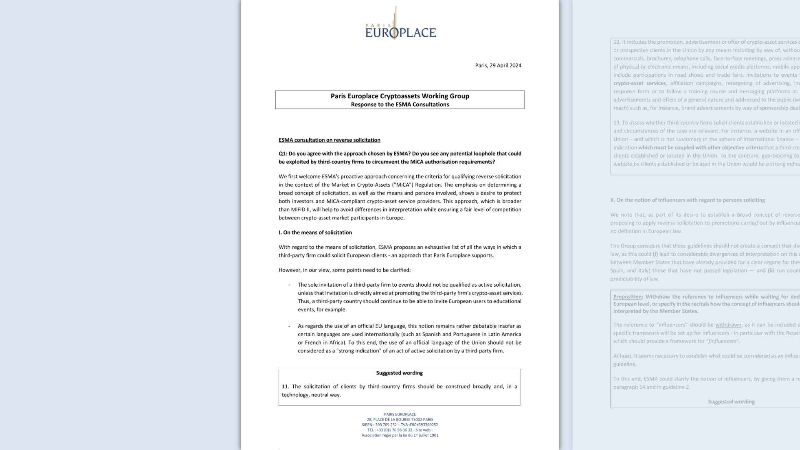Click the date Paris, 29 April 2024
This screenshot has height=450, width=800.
pyautogui.click(x=498, y=65)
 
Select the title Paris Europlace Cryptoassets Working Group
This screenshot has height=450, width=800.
pyautogui.click(x=400, y=96)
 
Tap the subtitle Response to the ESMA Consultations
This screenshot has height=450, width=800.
pyautogui.click(x=400, y=105)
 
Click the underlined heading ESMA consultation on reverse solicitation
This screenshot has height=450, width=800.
pyautogui.click(x=329, y=140)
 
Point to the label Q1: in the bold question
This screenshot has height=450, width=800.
pyautogui.click(x=283, y=154)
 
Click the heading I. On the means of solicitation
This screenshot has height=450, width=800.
pyautogui.click(x=315, y=232)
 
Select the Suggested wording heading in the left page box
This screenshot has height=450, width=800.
pyautogui.click(x=399, y=373)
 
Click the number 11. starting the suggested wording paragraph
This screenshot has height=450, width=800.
pyautogui.click(x=285, y=387)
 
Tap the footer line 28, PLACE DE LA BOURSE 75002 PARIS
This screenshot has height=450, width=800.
pyautogui.click(x=400, y=420)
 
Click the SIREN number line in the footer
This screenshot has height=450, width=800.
pyautogui.click(x=400, y=425)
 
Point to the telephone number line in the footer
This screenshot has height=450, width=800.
pyautogui.click(x=400, y=430)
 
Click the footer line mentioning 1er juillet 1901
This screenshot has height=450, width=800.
pyautogui.click(x=400, y=435)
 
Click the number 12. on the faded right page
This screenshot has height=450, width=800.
pyautogui.click(x=617, y=42)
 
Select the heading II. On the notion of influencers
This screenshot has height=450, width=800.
pyautogui.click(x=687, y=200)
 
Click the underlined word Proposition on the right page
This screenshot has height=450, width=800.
pyautogui.click(x=627, y=297)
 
